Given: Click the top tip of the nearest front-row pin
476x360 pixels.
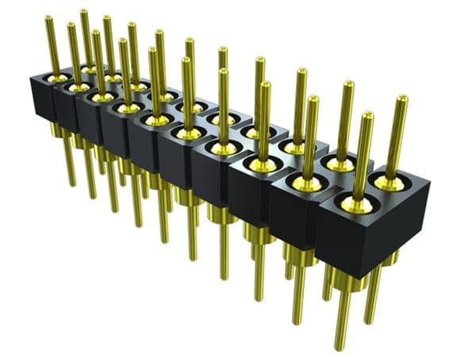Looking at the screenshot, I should [367, 116].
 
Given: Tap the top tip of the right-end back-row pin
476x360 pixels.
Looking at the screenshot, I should [402, 99].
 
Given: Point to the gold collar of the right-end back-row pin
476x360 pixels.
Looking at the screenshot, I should [390, 183].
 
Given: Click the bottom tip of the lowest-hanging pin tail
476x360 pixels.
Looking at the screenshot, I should [340, 348].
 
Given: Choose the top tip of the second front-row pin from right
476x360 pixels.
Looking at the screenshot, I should [313, 100].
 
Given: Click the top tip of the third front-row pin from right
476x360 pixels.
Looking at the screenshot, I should [265, 84].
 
